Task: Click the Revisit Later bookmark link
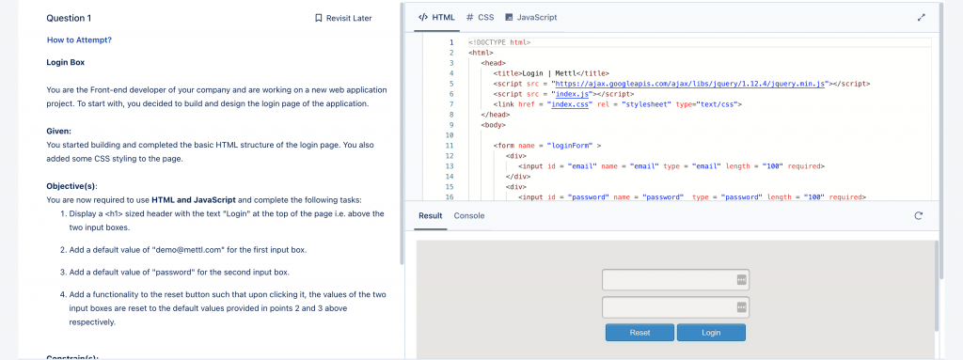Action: pyautogui.click(x=343, y=18)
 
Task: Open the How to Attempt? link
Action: pyautogui.click(x=79, y=39)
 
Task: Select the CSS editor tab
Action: pyautogui.click(x=481, y=17)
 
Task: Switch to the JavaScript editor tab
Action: pyautogui.click(x=531, y=17)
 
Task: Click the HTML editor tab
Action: pyautogui.click(x=436, y=17)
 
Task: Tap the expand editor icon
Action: pyautogui.click(x=921, y=18)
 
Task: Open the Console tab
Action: pyautogui.click(x=469, y=215)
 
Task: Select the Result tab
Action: pyautogui.click(x=431, y=215)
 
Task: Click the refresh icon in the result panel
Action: pyautogui.click(x=918, y=215)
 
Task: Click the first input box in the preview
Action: pyautogui.click(x=675, y=279)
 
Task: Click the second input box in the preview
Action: pyautogui.click(x=675, y=307)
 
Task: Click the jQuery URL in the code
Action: pyautogui.click(x=689, y=84)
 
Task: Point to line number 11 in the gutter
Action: pyautogui.click(x=450, y=146)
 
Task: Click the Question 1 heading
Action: pyautogui.click(x=69, y=18)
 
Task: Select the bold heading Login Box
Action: pyautogui.click(x=66, y=62)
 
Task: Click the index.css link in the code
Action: pyautogui.click(x=571, y=104)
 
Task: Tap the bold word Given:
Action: pyautogui.click(x=59, y=132)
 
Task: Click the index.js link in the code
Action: pyautogui.click(x=573, y=94)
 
